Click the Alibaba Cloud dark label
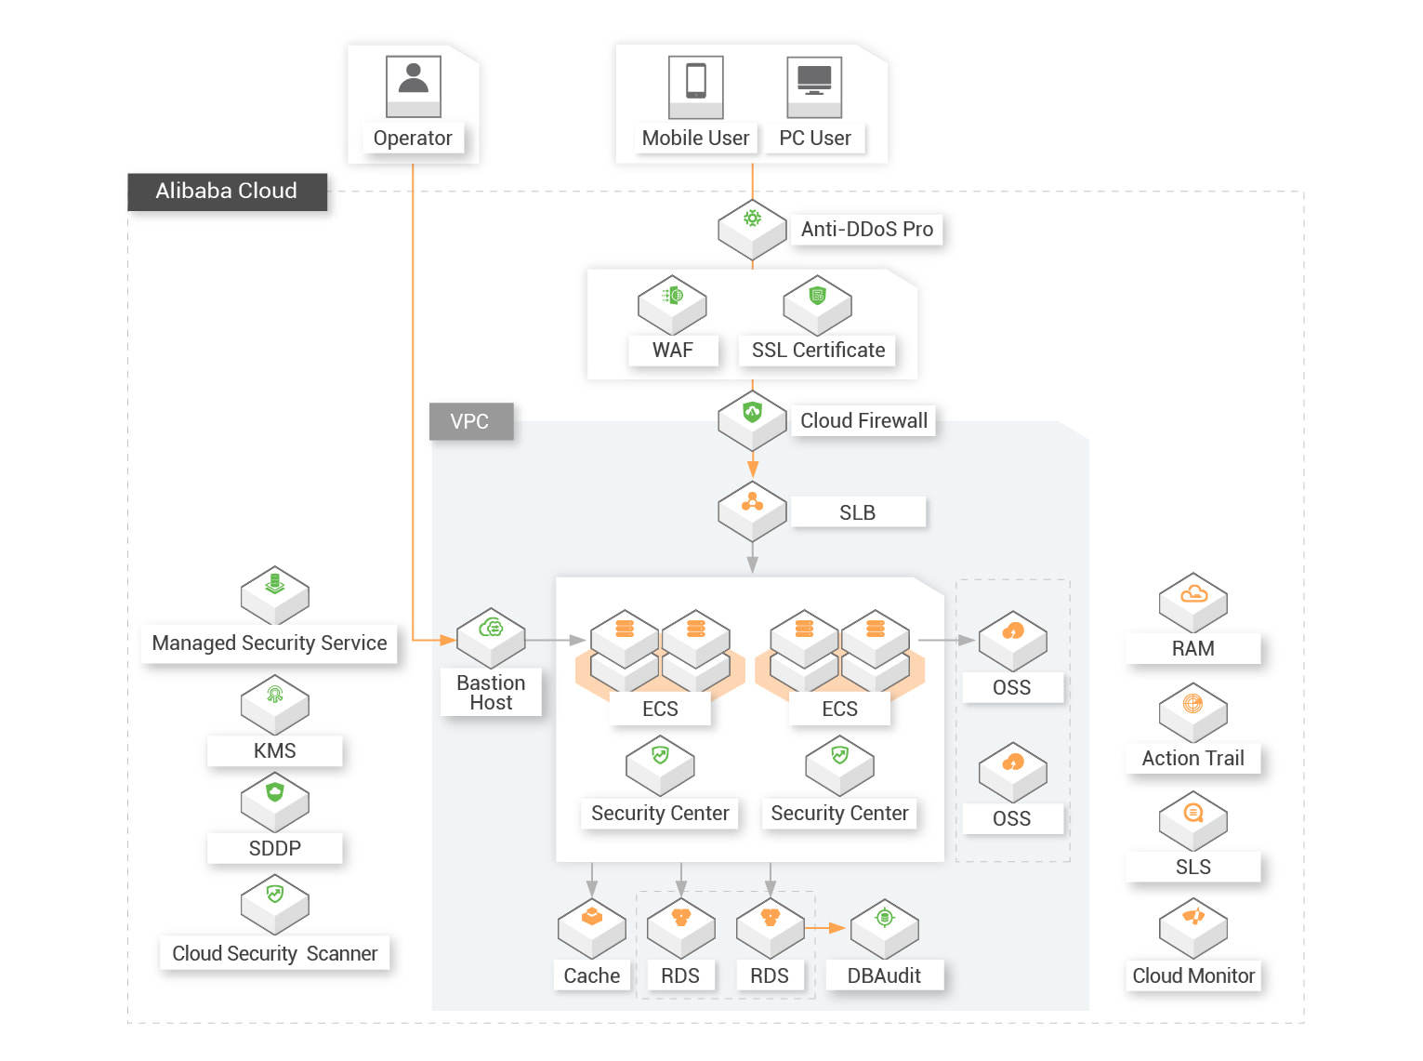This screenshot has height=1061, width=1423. pyautogui.click(x=227, y=192)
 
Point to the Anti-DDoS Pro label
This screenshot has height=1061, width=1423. pyautogui.click(x=866, y=230)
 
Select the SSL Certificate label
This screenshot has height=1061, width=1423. pyautogui.click(x=818, y=351)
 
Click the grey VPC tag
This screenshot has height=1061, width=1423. pyautogui.click(x=470, y=421)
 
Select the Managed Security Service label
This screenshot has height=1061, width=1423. pyautogui.click(x=270, y=643)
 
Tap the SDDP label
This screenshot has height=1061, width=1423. pyautogui.click(x=274, y=848)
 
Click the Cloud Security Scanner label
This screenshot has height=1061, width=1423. pyautogui.click(x=274, y=953)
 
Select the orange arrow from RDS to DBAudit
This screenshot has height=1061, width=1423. pyautogui.click(x=824, y=928)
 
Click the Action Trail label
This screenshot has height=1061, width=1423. pyautogui.click(x=1192, y=759)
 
